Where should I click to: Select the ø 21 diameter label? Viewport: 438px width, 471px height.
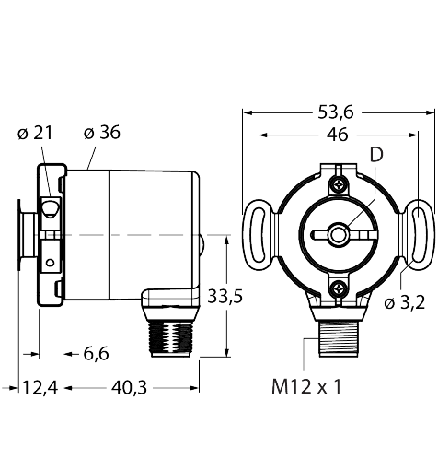click(35, 132)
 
